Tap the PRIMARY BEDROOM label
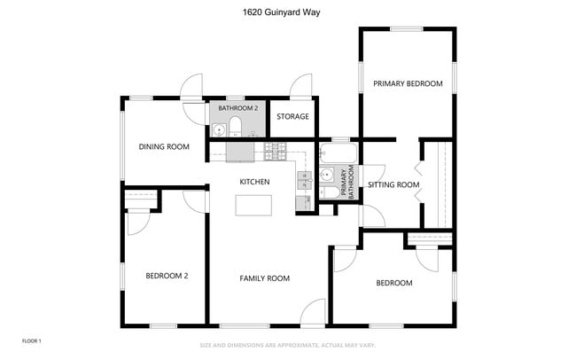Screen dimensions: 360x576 coord(407,83)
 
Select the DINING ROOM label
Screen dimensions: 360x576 coord(164,147)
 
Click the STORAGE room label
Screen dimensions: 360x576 coord(292,116)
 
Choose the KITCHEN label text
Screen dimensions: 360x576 coord(254,182)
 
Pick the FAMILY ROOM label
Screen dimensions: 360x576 coord(264,278)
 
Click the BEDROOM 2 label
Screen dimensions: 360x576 coord(167,276)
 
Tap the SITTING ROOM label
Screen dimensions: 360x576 coord(393,185)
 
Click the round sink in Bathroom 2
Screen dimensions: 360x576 coord(218,128)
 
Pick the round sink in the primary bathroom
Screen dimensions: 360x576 coord(326,174)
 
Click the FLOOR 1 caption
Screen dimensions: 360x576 coord(32,340)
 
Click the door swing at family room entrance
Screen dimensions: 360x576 coord(313,312)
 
